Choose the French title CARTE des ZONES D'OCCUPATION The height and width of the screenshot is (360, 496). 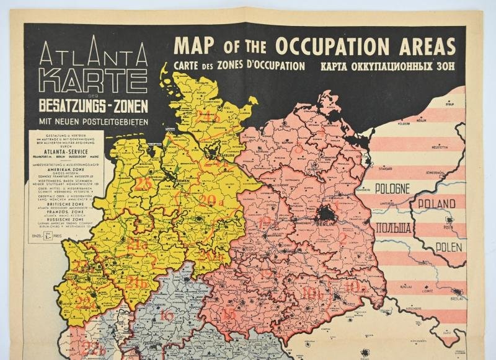[x=239, y=66]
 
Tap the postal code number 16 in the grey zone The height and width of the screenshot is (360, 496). [x=166, y=315]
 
